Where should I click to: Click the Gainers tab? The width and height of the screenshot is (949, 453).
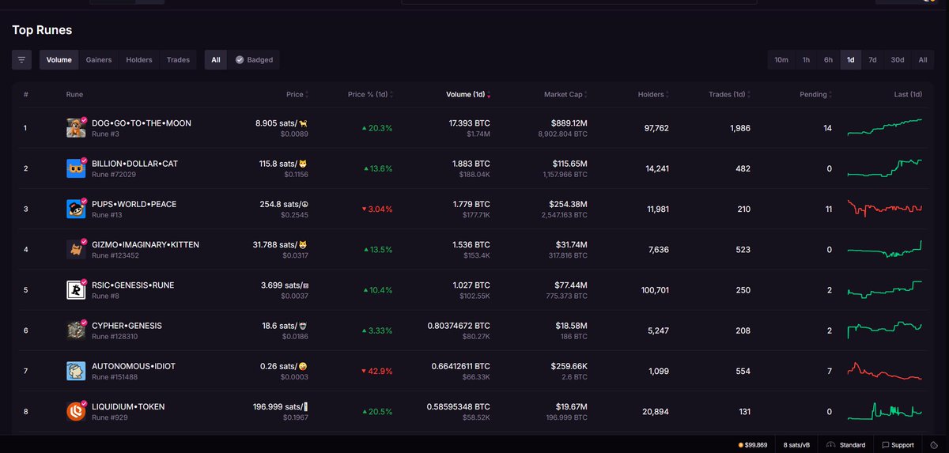(99, 59)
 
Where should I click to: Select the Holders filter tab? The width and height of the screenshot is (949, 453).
(139, 59)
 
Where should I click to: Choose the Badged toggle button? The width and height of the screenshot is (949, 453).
(254, 59)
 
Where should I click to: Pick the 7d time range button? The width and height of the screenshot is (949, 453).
(872, 59)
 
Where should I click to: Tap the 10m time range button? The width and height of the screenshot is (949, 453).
(781, 59)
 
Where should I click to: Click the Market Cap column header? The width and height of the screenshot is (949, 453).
(563, 95)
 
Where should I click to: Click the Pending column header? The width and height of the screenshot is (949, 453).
(813, 95)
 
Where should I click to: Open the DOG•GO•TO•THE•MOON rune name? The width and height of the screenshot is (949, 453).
(142, 123)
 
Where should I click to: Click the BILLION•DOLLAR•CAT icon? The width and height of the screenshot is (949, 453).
(76, 168)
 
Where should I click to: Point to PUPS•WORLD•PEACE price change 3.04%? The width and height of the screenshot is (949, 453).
(376, 209)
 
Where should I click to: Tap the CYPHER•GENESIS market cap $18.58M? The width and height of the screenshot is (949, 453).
(569, 326)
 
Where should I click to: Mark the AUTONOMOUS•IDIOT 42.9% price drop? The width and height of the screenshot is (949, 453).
(376, 371)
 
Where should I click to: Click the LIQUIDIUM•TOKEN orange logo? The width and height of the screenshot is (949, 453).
(76, 411)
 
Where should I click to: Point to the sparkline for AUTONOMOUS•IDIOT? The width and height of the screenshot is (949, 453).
(884, 371)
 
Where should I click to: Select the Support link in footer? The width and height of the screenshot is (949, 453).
(898, 445)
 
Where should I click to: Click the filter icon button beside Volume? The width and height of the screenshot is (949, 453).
(21, 59)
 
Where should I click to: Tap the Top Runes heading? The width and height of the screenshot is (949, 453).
(42, 30)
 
